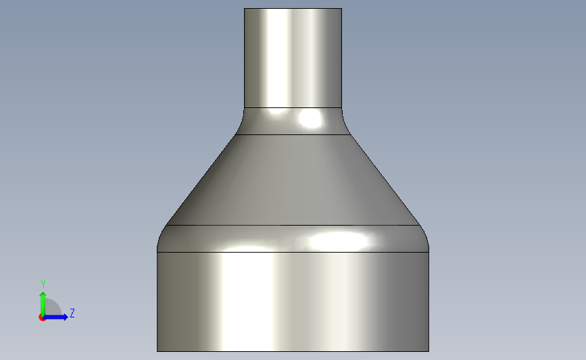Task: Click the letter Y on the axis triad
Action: pos(43,284)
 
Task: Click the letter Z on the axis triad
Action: pos(72,313)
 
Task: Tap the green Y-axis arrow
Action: pos(43,304)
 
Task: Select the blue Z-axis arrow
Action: pos(55,317)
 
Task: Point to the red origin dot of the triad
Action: pos(42,317)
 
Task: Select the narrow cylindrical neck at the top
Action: pos(293,58)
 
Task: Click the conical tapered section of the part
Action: pos(293,180)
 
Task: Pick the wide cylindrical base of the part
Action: pos(293,302)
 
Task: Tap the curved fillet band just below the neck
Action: pos(293,121)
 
